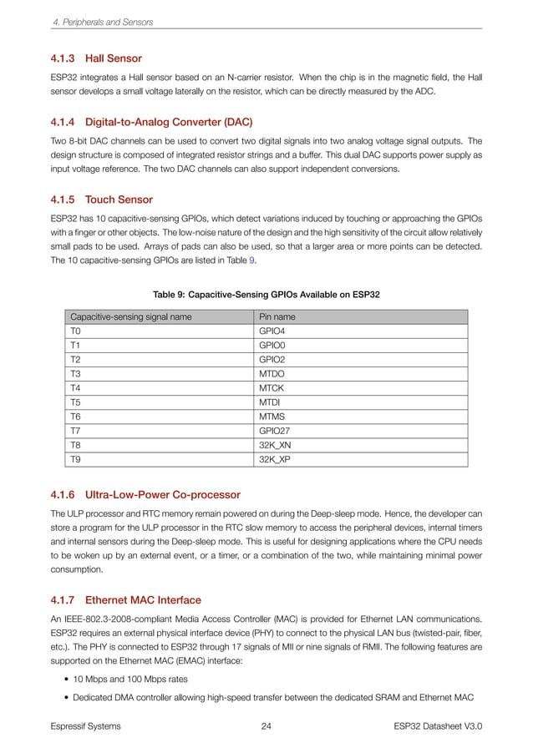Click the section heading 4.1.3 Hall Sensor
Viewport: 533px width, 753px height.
click(96, 58)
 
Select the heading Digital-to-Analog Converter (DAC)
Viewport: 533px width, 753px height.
click(151, 121)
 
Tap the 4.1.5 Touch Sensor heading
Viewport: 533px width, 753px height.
click(101, 200)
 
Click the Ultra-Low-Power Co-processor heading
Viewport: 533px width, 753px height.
click(145, 495)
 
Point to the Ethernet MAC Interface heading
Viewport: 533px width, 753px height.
click(126, 599)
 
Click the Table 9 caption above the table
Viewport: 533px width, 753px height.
click(266, 295)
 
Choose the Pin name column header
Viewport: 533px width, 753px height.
click(277, 317)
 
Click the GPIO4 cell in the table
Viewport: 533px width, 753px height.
click(273, 331)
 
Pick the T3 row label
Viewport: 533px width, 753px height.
click(76, 374)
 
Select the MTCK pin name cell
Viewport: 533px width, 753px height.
click(273, 388)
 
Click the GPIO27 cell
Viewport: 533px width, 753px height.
click(276, 431)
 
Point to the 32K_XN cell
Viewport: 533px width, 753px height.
click(277, 445)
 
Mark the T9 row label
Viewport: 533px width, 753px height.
click(76, 459)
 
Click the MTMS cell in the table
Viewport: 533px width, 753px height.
click(273, 417)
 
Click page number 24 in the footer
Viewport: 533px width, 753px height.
click(266, 726)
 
